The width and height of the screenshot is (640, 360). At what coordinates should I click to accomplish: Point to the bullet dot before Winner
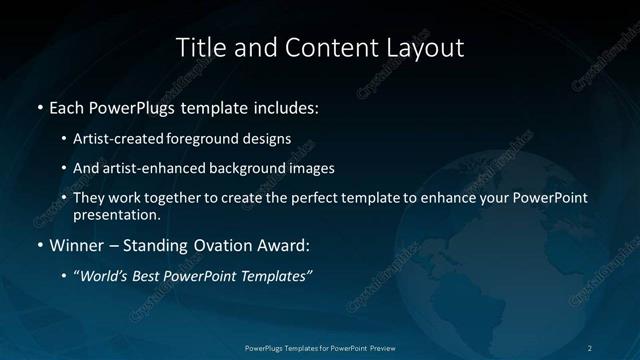pyautogui.click(x=39, y=244)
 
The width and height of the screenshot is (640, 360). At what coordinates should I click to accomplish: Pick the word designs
pyautogui.click(x=268, y=138)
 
